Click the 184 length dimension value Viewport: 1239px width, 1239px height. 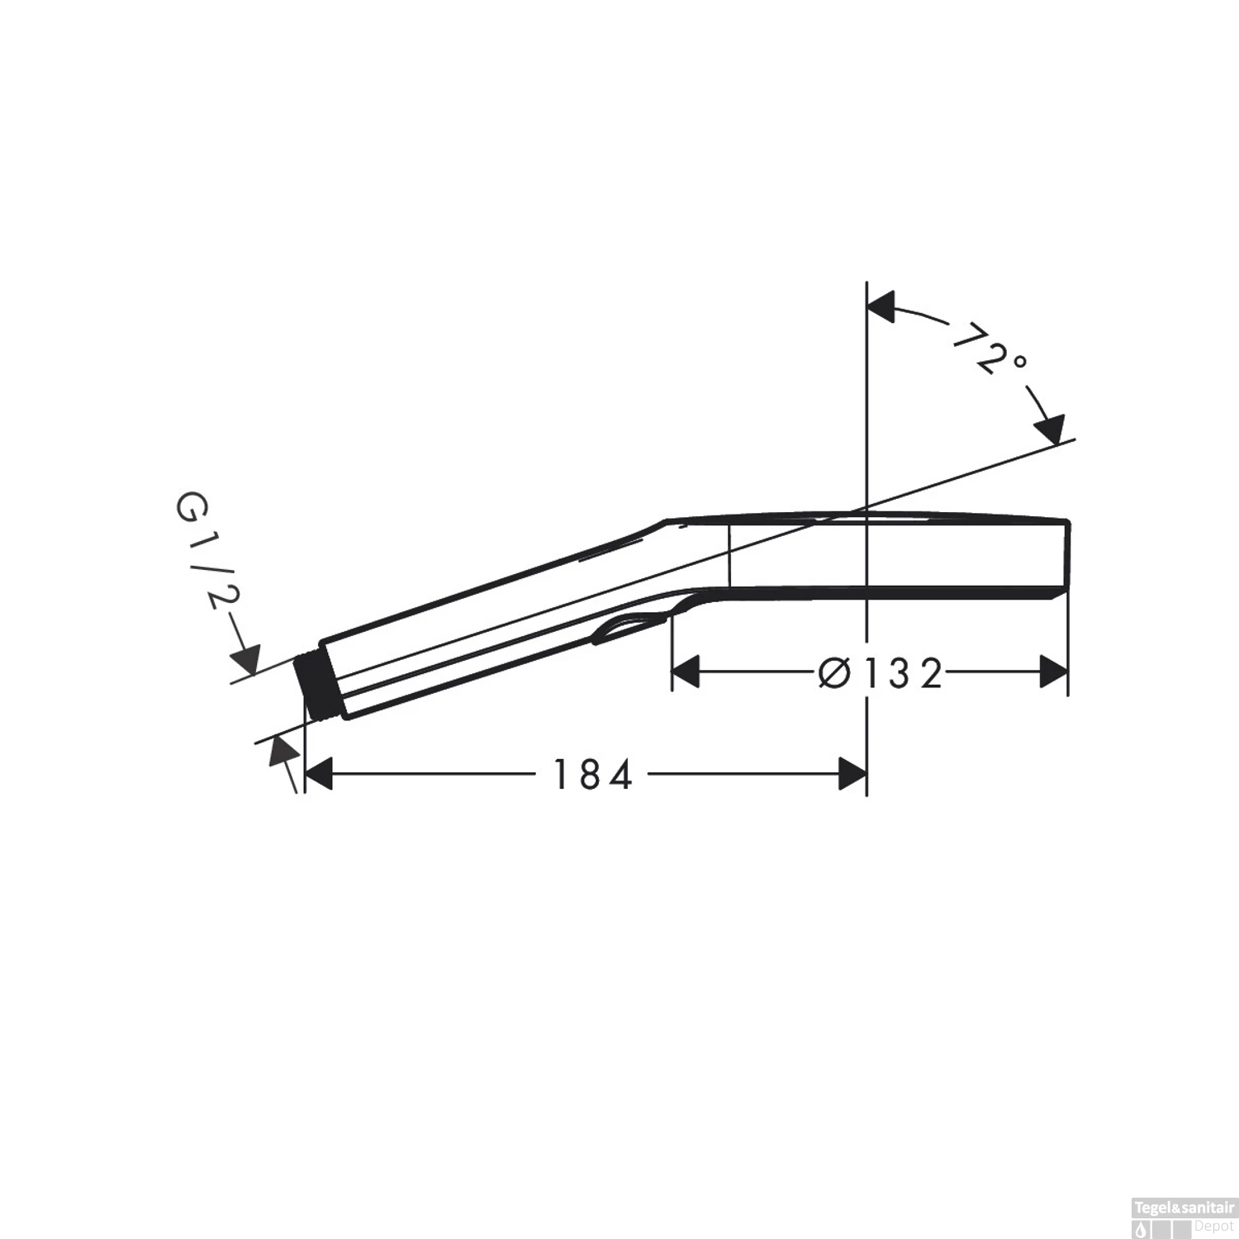pos(592,775)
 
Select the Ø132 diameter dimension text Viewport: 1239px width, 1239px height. pos(881,673)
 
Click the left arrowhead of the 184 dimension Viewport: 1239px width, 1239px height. pos(319,774)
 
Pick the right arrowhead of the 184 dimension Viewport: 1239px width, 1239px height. pos(852,774)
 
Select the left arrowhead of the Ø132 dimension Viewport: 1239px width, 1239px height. pos(686,672)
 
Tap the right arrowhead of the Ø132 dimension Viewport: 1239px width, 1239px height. pos(1054,672)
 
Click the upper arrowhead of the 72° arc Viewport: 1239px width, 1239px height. pos(881,306)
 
